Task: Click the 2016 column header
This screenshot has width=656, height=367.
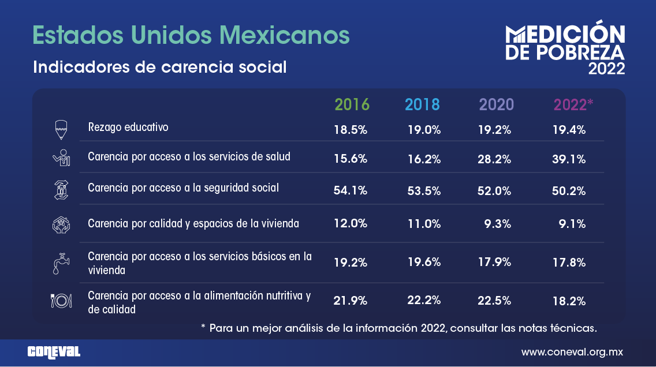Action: coord(352,104)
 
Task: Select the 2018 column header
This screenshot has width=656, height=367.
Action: coord(422,104)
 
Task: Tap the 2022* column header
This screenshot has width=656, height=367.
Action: coord(573,104)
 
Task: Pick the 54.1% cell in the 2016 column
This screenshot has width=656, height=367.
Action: coord(351,191)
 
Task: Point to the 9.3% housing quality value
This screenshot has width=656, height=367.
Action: coord(498,223)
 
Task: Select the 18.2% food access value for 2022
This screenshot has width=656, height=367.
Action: coord(569,301)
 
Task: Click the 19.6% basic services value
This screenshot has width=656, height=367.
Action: coord(424,262)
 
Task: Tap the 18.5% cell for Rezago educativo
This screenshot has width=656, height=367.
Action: coord(351,130)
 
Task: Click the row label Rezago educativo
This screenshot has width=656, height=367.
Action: coord(128,127)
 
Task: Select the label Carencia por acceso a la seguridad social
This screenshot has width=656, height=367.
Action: coord(183,188)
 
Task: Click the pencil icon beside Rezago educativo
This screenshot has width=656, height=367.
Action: coord(61,130)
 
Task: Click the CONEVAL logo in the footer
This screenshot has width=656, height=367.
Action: coord(54,351)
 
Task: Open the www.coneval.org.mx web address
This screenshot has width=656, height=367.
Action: coord(572,351)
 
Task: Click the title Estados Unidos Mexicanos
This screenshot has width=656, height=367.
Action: coord(191,35)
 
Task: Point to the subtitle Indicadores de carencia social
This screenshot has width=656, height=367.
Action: coord(160,67)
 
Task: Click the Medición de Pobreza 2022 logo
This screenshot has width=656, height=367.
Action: coord(565,50)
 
